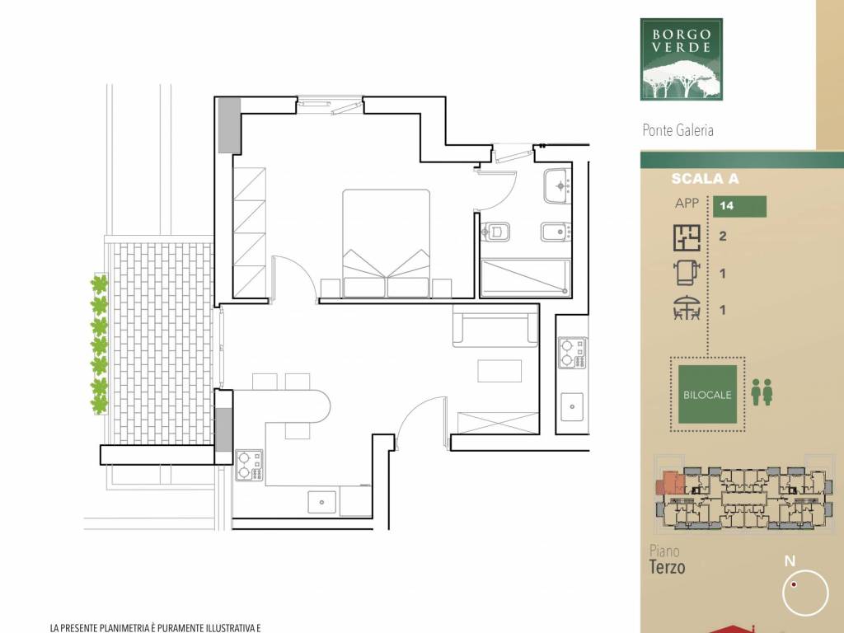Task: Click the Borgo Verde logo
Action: point(681,59)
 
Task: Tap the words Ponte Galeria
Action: point(678,130)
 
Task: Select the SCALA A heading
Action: point(705,179)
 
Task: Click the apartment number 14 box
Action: point(739,206)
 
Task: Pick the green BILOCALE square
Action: point(707,394)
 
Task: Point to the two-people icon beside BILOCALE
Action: point(762,392)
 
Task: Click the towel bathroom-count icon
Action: point(687,272)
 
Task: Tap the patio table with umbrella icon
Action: point(687,308)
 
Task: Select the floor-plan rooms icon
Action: point(687,237)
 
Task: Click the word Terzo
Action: point(667,567)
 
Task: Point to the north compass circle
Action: point(805,592)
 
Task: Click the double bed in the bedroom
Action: point(386,243)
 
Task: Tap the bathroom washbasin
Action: point(558,186)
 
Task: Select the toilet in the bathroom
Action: point(495,232)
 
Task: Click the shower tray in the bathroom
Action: point(525,278)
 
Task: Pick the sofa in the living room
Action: point(495,325)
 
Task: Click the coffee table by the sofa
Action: point(499,371)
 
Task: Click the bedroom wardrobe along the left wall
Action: point(249,232)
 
